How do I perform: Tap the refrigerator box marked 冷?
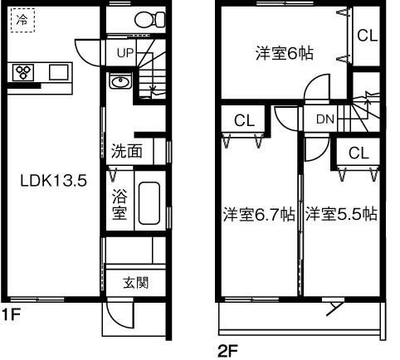pyautogui.click(x=22, y=21)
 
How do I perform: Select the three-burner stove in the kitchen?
pyautogui.click(x=23, y=72)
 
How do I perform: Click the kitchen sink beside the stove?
pyautogui.click(x=58, y=72)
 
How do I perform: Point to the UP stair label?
pyautogui.click(x=124, y=52)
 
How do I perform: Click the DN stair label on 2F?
pyautogui.click(x=325, y=119)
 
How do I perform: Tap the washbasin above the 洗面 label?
pyautogui.click(x=120, y=82)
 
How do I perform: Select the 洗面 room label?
pyautogui.click(x=127, y=152)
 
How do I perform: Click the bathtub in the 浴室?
pyautogui.click(x=149, y=202)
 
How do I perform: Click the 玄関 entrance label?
pyautogui.click(x=136, y=282)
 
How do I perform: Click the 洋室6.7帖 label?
pyautogui.click(x=258, y=214)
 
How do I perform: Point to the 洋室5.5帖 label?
pyautogui.click(x=341, y=214)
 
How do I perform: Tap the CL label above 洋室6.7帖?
pyautogui.click(x=244, y=120)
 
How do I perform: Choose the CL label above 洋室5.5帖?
pyautogui.click(x=359, y=153)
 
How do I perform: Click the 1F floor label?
pyautogui.click(x=10, y=315)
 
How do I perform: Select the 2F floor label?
pyautogui.click(x=227, y=350)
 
